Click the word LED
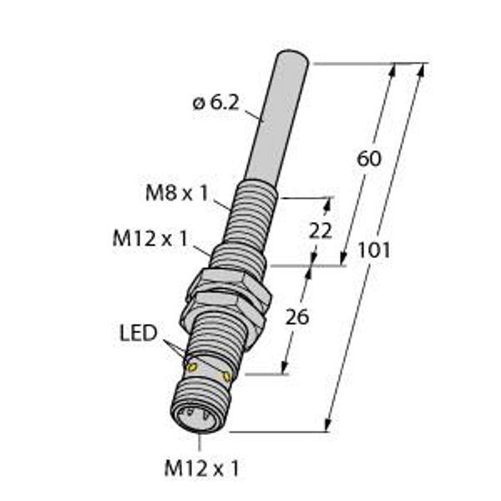138,334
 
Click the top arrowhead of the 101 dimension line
420,68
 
